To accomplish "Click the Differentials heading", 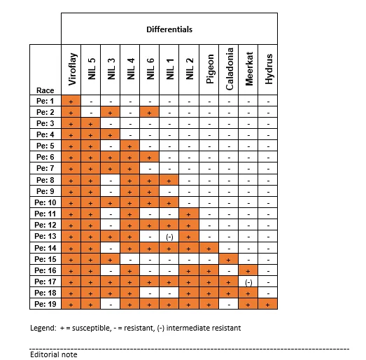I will point(169,29).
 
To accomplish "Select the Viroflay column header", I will point(71,70).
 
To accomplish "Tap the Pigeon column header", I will point(209,70).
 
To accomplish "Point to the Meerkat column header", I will point(248,70).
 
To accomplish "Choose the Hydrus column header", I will point(268,70).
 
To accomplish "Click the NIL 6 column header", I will point(150,70).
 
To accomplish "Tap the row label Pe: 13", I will point(45,237).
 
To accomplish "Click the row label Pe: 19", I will point(45,305).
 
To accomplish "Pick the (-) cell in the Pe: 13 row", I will point(169,237).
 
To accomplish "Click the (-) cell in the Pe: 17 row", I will point(248,282).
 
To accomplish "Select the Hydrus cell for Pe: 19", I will point(268,305).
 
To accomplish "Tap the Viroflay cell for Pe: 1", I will point(71,102).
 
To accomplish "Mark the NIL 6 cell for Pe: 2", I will point(150,113).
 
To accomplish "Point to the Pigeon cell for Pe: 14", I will point(209,248).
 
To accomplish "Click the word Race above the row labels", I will point(44,90).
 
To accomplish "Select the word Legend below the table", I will point(43,328).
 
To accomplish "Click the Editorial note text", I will point(53,354).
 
